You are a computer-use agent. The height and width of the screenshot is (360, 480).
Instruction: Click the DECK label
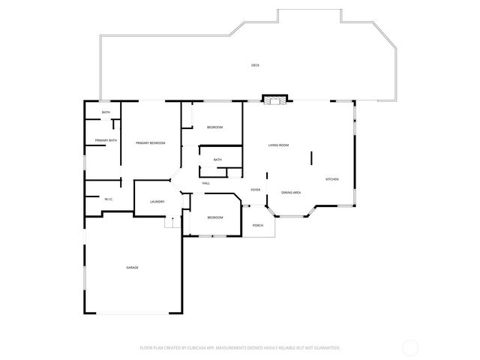[x=256, y=66]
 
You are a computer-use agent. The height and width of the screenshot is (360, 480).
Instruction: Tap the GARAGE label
[x=132, y=267]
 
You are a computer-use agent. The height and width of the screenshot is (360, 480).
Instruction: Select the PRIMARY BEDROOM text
[x=150, y=143]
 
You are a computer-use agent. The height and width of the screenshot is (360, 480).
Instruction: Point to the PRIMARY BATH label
[x=106, y=140]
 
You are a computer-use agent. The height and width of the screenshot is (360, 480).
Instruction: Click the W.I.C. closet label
[x=109, y=199]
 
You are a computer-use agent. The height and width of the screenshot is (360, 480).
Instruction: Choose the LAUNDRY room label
[x=157, y=202]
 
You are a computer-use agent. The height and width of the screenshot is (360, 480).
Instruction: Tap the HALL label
[x=205, y=184]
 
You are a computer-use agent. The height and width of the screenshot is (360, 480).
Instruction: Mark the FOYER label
[x=255, y=190]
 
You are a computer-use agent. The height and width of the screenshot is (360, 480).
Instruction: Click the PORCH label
[x=257, y=225]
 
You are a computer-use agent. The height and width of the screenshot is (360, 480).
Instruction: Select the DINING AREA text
[x=291, y=193]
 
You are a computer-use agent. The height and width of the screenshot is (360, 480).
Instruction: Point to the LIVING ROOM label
[x=279, y=145]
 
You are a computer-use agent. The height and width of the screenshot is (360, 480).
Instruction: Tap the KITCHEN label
[x=331, y=179]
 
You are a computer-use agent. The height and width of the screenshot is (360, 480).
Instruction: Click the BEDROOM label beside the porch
[x=215, y=217]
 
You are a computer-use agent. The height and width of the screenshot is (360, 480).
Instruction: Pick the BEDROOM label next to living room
[x=215, y=127]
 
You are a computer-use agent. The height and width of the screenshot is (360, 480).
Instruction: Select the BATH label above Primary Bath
[x=106, y=112]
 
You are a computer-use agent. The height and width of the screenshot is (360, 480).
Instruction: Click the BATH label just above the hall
[x=217, y=160]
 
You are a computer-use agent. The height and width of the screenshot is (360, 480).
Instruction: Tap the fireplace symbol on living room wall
[x=274, y=98]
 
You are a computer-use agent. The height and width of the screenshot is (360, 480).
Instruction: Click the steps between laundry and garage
[x=170, y=223]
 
